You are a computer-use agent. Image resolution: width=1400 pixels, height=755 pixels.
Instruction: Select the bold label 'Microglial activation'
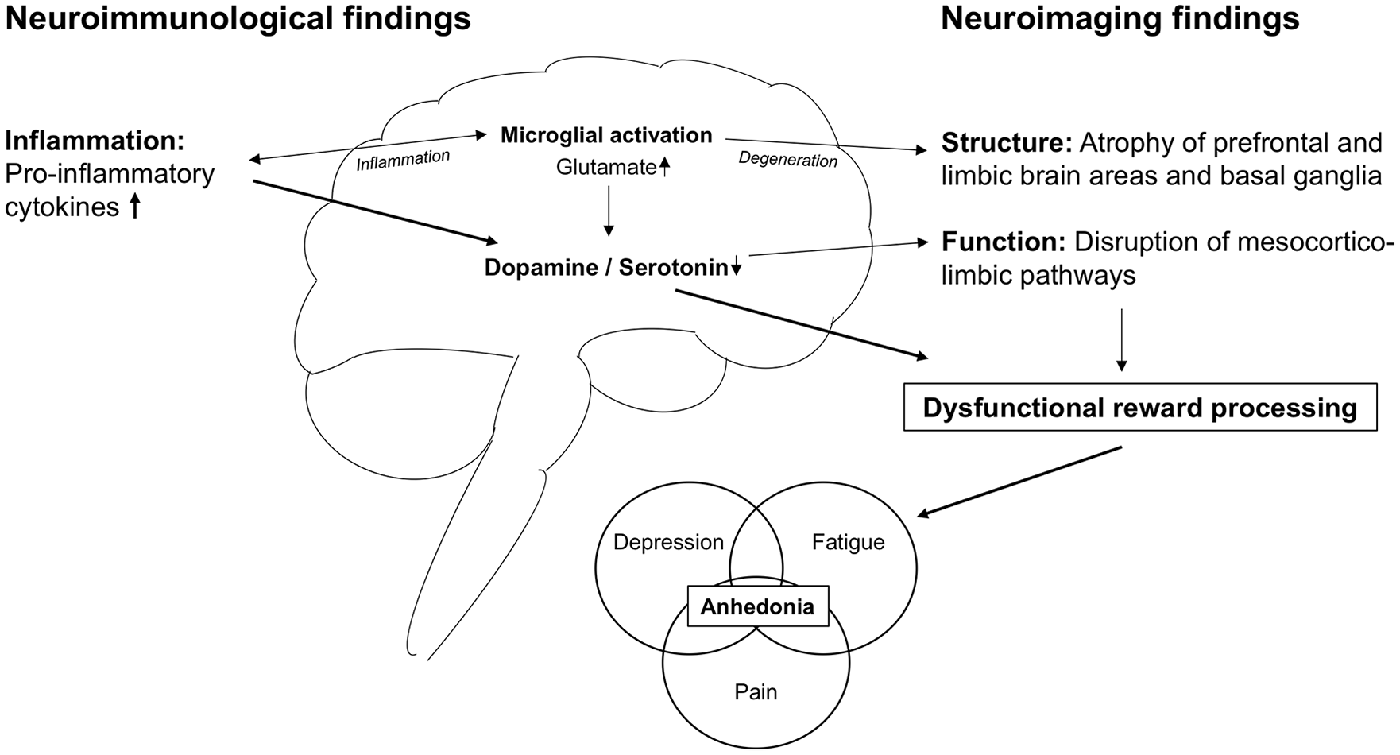pos(606,135)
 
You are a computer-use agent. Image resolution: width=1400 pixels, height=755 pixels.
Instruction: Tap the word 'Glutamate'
pos(606,167)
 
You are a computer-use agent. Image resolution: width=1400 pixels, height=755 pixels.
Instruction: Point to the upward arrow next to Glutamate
pos(665,166)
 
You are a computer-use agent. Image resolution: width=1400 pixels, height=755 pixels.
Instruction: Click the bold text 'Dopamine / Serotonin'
pos(606,268)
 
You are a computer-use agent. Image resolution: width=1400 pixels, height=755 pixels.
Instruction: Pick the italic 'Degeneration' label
pos(788,159)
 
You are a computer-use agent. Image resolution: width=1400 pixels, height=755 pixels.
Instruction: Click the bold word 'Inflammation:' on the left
pos(95,141)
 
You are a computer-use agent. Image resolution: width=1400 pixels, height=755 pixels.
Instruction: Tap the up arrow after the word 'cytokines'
pos(134,207)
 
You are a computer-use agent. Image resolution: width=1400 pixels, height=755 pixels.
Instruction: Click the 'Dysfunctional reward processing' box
pos(1140,408)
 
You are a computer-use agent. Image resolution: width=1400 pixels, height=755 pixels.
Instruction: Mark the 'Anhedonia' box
pos(758,606)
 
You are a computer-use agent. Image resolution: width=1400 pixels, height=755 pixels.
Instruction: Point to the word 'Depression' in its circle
pos(668,542)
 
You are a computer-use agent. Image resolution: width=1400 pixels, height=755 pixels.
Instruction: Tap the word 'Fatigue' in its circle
pos(848,542)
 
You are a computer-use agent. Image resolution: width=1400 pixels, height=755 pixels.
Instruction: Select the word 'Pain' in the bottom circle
pos(756,691)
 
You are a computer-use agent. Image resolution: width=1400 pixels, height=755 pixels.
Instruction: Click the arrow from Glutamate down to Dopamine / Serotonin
pos(608,211)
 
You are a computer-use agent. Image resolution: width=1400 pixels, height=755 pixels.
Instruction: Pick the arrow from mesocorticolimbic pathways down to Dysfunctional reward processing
pos(1121,340)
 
